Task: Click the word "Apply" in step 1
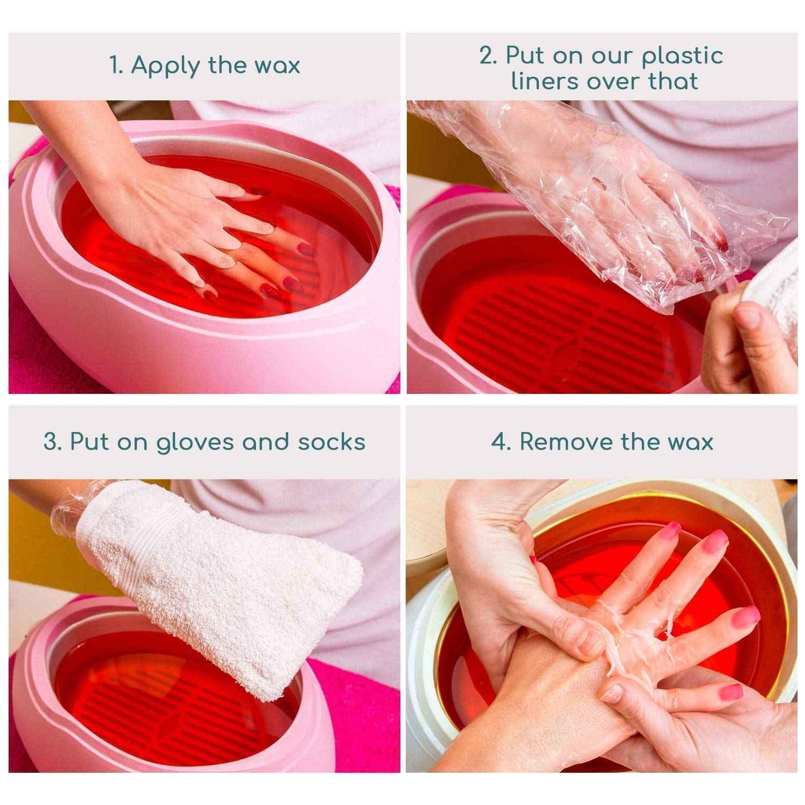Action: pos(165,66)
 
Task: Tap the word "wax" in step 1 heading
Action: pos(277,66)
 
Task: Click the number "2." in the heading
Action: pos(489,56)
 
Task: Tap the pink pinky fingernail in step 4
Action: pos(731,692)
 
